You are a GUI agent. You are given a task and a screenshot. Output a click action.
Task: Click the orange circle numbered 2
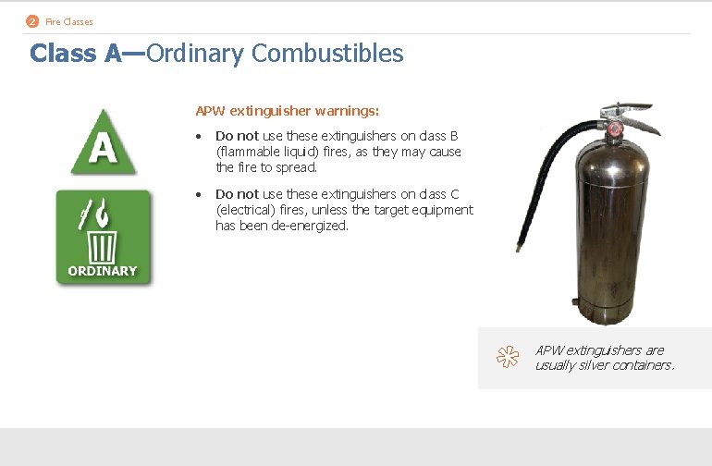[x=33, y=21]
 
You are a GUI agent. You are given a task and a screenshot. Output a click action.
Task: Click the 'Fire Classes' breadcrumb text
[x=69, y=21]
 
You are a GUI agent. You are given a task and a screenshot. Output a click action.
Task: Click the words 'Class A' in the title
[x=75, y=54]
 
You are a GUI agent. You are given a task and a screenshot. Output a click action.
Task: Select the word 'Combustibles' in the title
[x=327, y=54]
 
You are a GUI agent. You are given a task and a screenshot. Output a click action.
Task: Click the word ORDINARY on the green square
[x=103, y=271]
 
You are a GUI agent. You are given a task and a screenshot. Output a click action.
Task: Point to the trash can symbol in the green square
[x=103, y=245]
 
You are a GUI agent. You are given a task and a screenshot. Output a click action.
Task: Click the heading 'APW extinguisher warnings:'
[x=287, y=111]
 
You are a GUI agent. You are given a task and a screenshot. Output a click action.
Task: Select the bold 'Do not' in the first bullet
[x=237, y=136]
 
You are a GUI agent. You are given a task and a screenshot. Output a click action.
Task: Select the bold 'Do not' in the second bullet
[x=237, y=194]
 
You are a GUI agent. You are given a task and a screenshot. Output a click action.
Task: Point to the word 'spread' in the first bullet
[x=296, y=167]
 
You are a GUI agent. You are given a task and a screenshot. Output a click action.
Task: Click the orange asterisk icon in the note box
[x=505, y=357]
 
